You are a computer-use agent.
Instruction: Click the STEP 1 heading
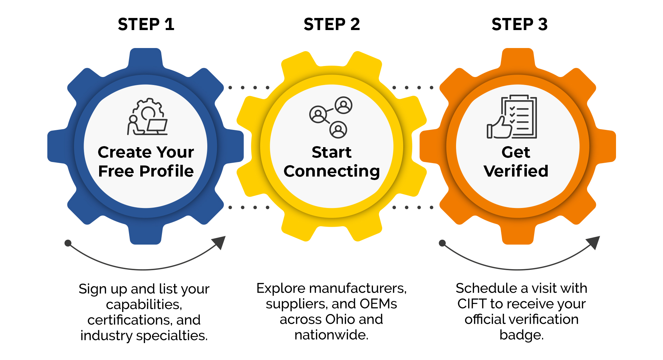[x=146, y=24]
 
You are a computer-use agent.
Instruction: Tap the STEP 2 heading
[x=332, y=24]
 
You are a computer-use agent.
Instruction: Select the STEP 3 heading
[x=520, y=24]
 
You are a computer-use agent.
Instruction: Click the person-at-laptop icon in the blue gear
[x=148, y=116]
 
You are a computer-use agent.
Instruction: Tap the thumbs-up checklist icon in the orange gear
[x=512, y=116]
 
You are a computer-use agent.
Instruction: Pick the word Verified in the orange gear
[x=516, y=171]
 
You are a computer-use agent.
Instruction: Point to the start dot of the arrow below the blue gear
[x=68, y=243]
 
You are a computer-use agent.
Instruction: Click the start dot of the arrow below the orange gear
[x=442, y=243]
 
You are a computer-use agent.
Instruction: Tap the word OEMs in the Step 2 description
[x=378, y=304]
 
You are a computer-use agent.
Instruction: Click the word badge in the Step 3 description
[x=521, y=335]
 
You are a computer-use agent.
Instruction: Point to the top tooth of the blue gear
[x=145, y=59]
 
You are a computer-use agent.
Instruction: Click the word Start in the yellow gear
[x=332, y=152]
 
